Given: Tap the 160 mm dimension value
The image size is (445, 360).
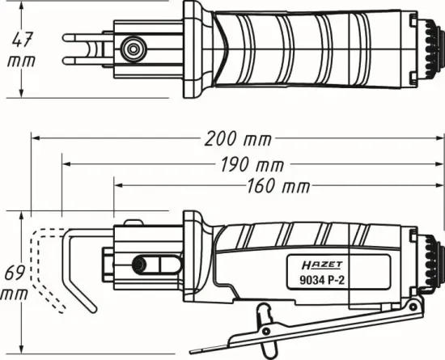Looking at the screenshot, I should pos(273,186).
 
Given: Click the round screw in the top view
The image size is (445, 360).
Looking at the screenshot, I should pos(129,50).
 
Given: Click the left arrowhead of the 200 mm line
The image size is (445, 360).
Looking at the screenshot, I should pos(35,138).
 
